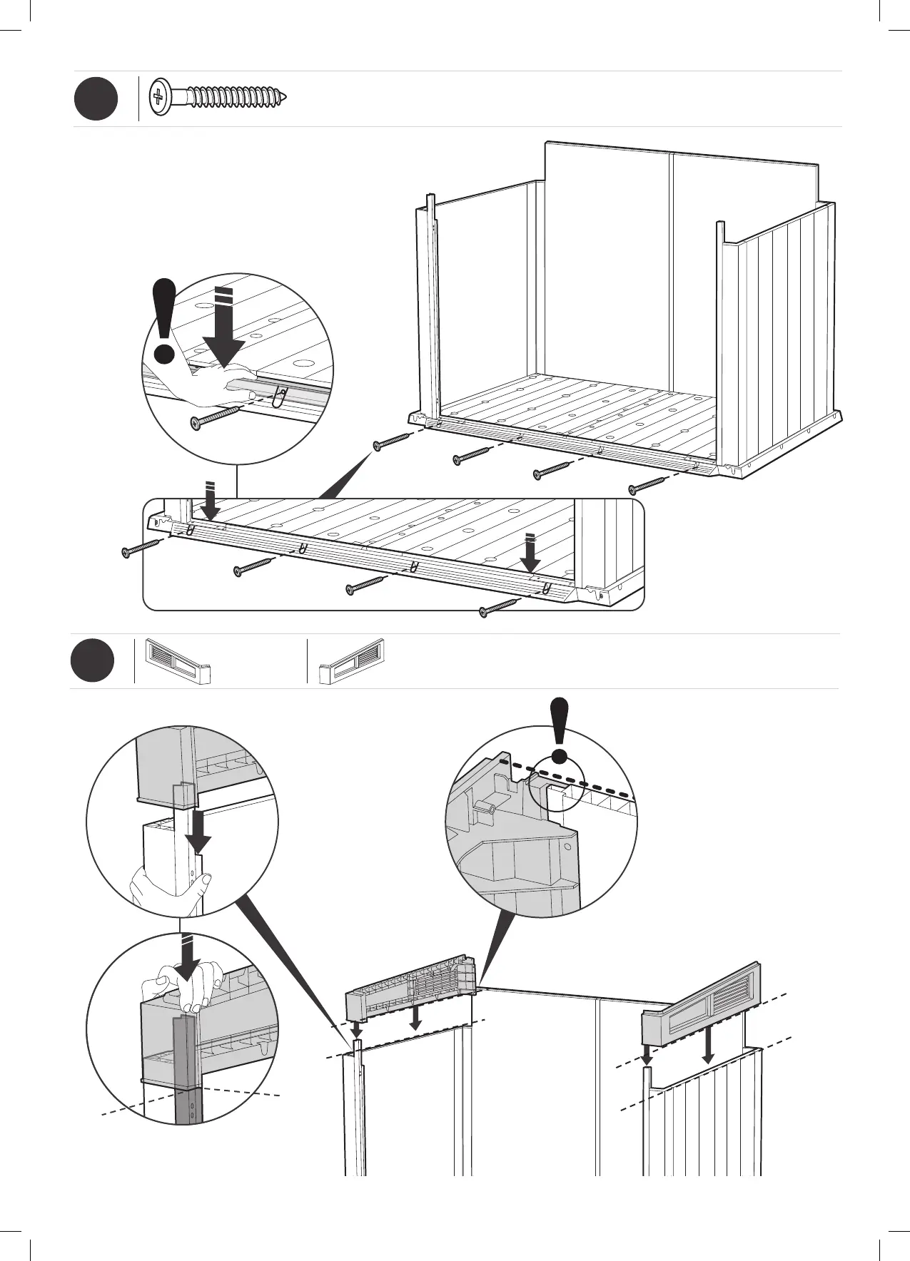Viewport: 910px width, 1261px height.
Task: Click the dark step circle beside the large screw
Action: pos(96,98)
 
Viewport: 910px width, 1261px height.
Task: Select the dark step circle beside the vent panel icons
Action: pos(93,660)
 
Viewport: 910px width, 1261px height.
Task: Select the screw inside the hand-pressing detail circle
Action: pos(217,417)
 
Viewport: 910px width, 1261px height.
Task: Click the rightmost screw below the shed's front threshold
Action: pos(647,484)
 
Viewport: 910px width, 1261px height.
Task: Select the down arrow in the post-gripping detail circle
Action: pos(193,829)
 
